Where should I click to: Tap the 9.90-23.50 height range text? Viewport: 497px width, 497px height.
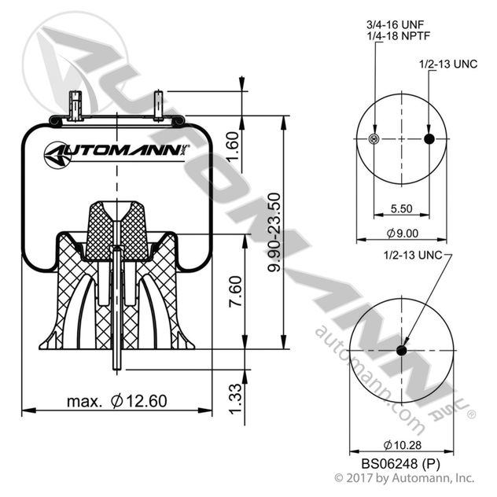(x=274, y=234)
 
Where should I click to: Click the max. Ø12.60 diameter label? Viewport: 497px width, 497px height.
(x=116, y=401)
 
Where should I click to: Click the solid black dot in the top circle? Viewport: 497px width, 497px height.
(x=429, y=139)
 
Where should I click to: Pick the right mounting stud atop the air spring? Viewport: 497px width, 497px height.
(x=160, y=105)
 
